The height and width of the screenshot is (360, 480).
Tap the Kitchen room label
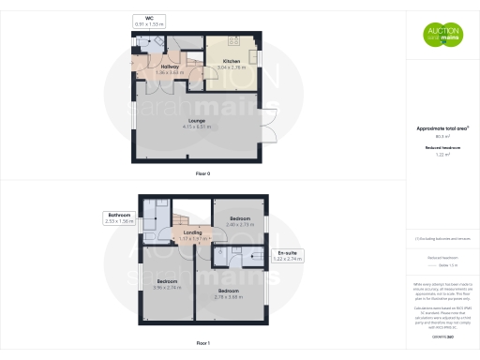click(x=232, y=63)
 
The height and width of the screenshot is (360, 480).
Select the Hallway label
click(x=170, y=67)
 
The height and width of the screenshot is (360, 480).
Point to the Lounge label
click(x=196, y=120)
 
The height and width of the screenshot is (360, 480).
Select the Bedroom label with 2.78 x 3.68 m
click(x=228, y=292)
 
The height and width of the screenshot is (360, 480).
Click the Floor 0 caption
click(x=202, y=175)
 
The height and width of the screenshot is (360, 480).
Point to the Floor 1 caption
click(x=202, y=343)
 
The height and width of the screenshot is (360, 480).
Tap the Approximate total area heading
click(x=442, y=128)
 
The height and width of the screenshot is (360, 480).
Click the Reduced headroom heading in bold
click(x=442, y=148)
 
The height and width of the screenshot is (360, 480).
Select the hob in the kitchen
click(x=232, y=41)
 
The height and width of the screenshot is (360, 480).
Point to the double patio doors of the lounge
click(x=273, y=134)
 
